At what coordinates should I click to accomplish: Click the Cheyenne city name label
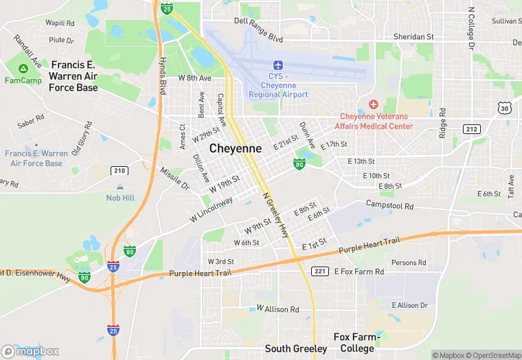pos(235,148)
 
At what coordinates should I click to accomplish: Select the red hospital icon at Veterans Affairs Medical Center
pos(374,104)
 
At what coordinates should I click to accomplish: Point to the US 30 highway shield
pos(505,108)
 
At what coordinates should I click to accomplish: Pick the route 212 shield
pos(471,128)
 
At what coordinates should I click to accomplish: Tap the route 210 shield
pos(120,170)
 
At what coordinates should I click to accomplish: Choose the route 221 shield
pos(319,271)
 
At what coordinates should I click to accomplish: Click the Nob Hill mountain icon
pos(120,186)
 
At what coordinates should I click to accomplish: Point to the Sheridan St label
pos(413,36)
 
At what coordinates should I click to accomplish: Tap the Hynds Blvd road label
pos(163,78)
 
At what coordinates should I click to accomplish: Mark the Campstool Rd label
pos(389,205)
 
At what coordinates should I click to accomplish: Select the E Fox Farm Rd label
pos(359,271)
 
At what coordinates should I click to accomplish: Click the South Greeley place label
pos(296,348)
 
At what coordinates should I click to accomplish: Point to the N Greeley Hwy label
pos(275,215)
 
